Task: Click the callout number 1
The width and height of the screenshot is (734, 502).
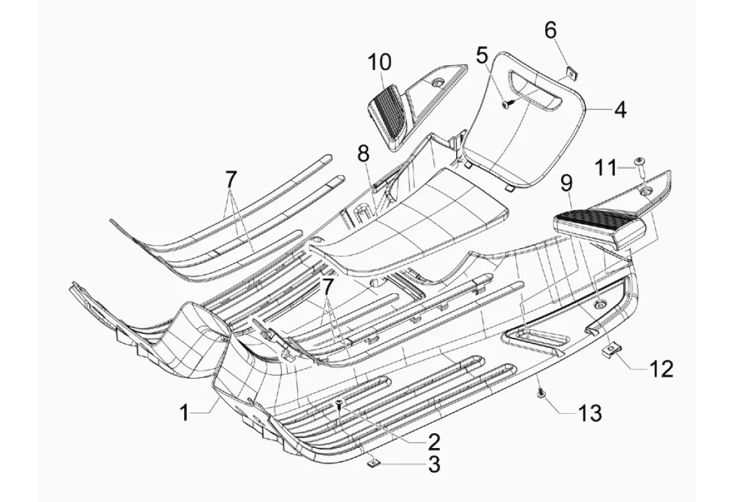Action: (183, 414)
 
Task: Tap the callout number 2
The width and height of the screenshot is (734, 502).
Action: (434, 441)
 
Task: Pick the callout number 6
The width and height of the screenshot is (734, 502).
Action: (551, 30)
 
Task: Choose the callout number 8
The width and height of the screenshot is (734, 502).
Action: (362, 153)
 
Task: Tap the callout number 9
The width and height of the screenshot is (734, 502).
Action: (566, 184)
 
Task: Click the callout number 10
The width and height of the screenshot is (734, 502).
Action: (381, 62)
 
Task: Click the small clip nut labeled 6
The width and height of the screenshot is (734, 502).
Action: (570, 69)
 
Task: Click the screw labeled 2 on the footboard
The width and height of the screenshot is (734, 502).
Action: (339, 405)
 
